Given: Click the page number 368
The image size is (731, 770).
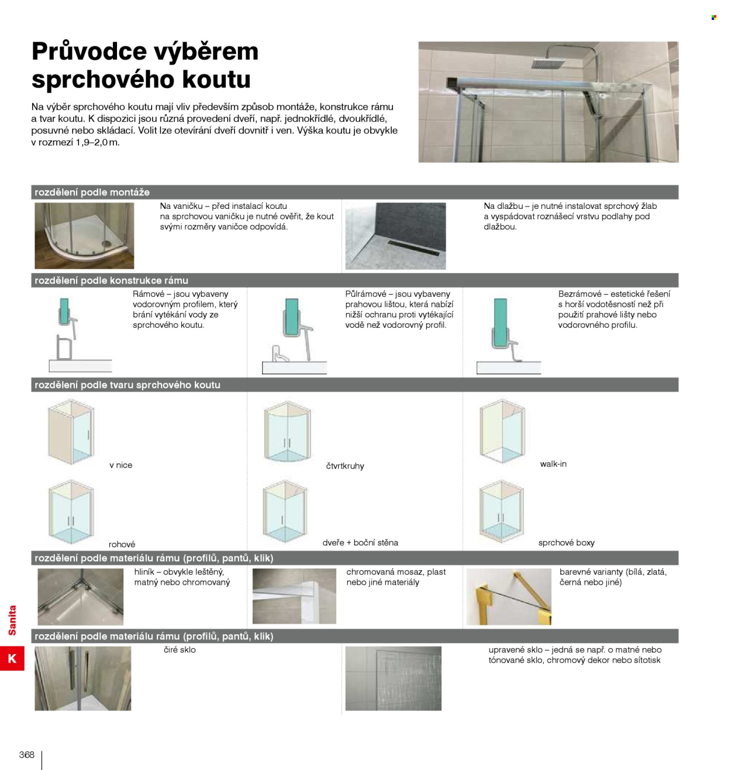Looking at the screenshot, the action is coord(27,754).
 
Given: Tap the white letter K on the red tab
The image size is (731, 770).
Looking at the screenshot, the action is coord(12,658).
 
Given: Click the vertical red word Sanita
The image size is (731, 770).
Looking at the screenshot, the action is coord(12,620).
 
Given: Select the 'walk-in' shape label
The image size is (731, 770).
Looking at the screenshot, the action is coord(553,464).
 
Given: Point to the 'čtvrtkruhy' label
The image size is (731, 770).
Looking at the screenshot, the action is coord(344,466).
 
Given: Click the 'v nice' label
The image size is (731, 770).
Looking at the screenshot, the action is coord(120,465).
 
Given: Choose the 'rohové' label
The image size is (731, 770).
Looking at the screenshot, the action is coord(122,544).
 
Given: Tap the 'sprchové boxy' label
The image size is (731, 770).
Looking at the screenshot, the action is coord(566,543).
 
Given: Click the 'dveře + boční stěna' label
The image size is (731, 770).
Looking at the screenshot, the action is coord(360,542).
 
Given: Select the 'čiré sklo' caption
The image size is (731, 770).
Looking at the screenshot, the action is coord(180,649).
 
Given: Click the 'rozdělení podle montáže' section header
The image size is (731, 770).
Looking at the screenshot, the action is coord(92,192).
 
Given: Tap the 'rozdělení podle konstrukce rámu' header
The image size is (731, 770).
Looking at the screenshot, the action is coord(111,280).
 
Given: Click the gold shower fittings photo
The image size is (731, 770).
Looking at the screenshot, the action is coord(508,596).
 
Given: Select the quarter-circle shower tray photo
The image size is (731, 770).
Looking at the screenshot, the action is coord(84,235).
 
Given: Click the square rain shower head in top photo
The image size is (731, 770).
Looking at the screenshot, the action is coord(548,63).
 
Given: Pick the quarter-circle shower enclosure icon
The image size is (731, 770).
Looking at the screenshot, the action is coord(287,431).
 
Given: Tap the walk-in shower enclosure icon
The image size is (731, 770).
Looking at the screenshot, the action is coord(502,430).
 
